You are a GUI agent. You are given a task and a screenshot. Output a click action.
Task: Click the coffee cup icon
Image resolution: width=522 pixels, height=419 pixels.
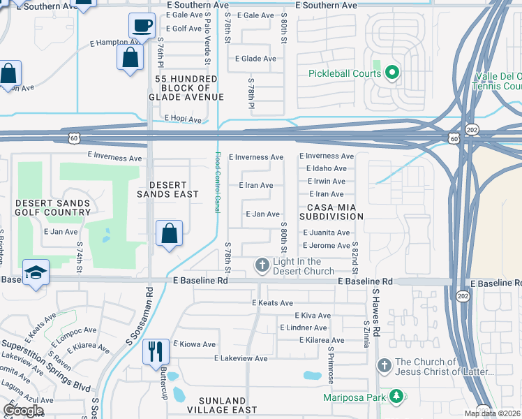click(142, 26)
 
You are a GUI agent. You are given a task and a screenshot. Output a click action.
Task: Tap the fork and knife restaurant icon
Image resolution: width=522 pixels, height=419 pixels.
click(156, 351)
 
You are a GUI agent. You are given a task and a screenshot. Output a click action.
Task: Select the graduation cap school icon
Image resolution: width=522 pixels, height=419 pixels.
click(36, 272)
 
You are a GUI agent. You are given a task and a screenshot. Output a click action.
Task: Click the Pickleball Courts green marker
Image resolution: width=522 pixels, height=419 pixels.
click(391, 71)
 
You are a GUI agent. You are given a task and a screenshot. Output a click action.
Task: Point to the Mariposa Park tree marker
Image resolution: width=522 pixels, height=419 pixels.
click(397, 397)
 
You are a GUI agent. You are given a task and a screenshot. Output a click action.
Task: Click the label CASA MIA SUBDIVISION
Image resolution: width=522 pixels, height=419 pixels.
click(332, 211)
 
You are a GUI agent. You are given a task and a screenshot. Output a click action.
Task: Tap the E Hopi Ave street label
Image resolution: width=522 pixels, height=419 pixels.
click(182, 119)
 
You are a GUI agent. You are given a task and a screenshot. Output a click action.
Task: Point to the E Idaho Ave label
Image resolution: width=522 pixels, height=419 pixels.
click(326, 168)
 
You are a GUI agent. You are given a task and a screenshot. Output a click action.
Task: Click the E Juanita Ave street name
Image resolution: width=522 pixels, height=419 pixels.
click(326, 233)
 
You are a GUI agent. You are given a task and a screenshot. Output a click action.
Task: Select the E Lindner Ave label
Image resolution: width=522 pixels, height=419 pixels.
click(303, 328)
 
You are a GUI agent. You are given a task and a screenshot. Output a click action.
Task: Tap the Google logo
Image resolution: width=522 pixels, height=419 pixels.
click(23, 411)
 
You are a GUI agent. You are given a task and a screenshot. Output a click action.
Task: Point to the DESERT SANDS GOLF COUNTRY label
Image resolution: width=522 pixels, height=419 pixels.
click(53, 208)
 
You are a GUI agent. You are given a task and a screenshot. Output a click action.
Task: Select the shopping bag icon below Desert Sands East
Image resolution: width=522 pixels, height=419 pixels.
click(169, 233)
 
